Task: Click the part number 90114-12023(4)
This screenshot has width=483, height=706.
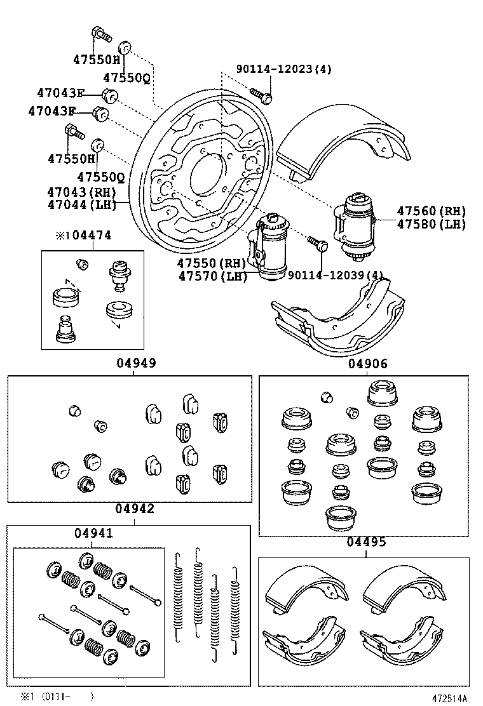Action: (284, 69)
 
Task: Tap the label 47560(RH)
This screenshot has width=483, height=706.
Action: (431, 211)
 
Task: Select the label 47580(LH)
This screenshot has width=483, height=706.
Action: (431, 223)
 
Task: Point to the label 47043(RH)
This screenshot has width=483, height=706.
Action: (81, 192)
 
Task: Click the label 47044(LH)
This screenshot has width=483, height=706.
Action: (81, 205)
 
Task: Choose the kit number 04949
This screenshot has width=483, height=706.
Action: (137, 363)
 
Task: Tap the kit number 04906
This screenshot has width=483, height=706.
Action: (368, 363)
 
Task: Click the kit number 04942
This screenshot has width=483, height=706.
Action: (135, 509)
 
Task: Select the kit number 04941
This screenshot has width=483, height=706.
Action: (93, 533)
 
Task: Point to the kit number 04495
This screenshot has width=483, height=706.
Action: (366, 542)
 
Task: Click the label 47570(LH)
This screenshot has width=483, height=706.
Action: (213, 276)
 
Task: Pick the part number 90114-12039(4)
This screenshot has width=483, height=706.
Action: (336, 275)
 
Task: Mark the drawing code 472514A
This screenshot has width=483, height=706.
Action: (450, 698)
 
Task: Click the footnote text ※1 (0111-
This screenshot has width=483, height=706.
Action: (45, 696)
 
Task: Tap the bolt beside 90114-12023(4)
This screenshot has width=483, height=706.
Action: (261, 95)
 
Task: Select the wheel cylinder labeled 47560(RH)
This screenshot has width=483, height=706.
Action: (354, 227)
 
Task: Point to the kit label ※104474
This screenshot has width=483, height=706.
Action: (83, 235)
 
